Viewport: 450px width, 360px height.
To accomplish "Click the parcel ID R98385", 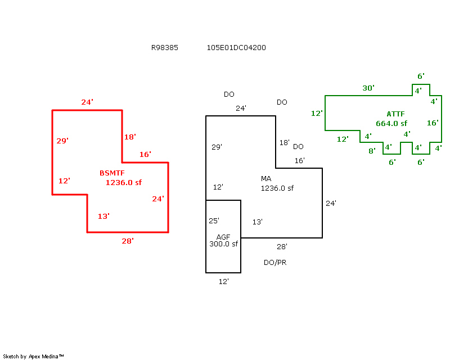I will point(164,48).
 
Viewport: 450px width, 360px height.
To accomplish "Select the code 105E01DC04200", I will point(236,48).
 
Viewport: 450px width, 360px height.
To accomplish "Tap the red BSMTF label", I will point(112,173).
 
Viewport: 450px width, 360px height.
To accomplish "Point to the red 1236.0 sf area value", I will point(123,182).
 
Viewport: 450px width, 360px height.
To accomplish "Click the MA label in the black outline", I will point(266,179).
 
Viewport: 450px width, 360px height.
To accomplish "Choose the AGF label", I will point(223,237).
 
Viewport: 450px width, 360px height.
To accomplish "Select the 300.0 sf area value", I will point(223,244).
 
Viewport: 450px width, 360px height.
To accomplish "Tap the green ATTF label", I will point(395,114).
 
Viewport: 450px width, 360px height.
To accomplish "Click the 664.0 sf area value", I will point(391,123).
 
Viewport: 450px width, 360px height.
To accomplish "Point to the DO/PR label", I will point(275,263).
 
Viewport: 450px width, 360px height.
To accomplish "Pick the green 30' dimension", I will point(368,88).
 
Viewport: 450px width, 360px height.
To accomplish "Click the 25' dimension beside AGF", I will point(214,221).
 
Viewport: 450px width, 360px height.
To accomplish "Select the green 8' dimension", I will point(372,151).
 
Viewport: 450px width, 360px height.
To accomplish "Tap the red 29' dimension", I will point(62,141).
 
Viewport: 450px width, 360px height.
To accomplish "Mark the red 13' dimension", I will point(103,216).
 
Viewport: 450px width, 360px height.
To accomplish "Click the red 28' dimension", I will point(128,241).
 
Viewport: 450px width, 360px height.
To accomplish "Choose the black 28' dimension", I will point(282,246).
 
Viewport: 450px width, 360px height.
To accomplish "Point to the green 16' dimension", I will point(433,123).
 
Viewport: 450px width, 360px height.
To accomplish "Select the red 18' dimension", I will point(130,137).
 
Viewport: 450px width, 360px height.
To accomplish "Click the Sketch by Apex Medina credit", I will point(33,357).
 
